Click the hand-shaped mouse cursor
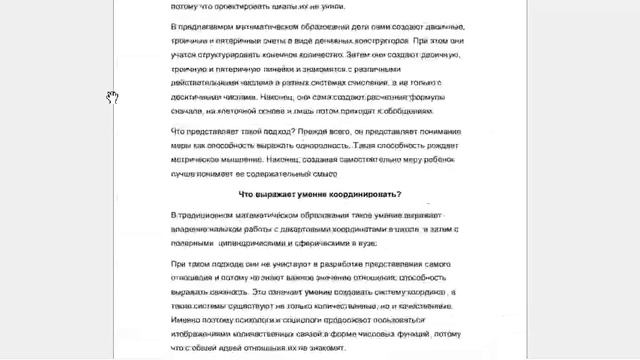tap(113, 97)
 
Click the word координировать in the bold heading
tap(351, 193)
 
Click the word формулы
tap(440, 98)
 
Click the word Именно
tap(186, 321)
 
